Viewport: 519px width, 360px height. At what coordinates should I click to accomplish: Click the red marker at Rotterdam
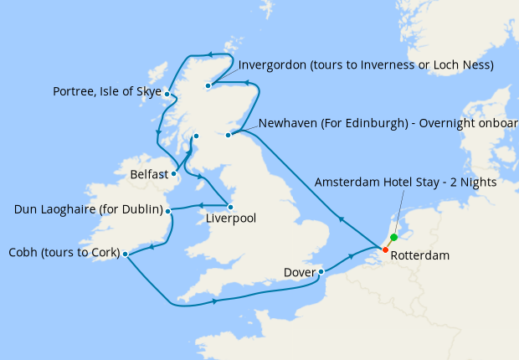(x=385, y=249)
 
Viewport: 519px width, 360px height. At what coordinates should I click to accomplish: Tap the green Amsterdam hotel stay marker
(x=393, y=238)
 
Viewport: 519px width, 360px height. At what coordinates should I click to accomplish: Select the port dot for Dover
(x=321, y=271)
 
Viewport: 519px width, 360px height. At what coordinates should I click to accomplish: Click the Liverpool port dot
(x=230, y=207)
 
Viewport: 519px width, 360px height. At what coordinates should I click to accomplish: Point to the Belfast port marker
(x=174, y=175)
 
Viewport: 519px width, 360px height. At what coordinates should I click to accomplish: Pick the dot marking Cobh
(x=125, y=254)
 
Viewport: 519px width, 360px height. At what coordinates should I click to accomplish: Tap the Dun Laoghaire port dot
(x=169, y=212)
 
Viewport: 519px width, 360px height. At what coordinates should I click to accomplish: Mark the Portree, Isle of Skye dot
(x=167, y=94)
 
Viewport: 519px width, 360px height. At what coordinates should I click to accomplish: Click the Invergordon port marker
(x=208, y=85)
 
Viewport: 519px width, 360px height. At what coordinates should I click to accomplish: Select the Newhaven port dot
(x=228, y=134)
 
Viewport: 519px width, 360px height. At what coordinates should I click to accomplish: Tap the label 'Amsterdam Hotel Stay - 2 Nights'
(x=406, y=182)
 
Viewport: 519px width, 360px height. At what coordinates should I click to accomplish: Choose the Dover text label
(x=300, y=272)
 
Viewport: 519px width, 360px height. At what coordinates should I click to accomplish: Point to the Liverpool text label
(x=231, y=219)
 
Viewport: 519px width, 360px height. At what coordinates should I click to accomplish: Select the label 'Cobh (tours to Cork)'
(x=62, y=253)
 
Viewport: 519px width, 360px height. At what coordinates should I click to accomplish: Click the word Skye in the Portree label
(x=148, y=91)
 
